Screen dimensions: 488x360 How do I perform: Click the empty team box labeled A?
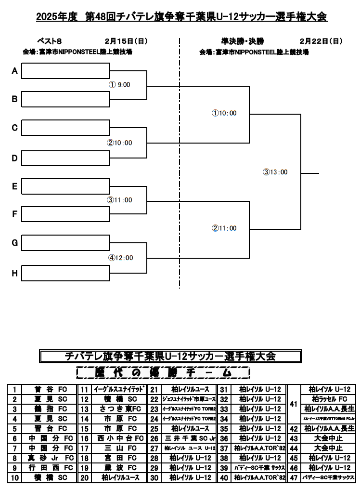point(65,71)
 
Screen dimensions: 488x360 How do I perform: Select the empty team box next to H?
point(65,273)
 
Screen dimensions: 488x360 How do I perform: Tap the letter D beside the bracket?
point(14,158)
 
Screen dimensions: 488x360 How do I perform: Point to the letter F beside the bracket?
point(14,214)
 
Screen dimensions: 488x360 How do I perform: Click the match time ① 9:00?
point(120,85)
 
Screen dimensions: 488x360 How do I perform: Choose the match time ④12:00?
point(120,258)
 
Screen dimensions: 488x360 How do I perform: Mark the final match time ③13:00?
point(275,172)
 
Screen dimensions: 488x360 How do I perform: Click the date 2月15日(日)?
point(126,41)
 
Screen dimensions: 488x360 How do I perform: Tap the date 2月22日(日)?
point(321,41)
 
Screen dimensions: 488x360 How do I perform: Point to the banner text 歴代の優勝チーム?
point(164,373)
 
